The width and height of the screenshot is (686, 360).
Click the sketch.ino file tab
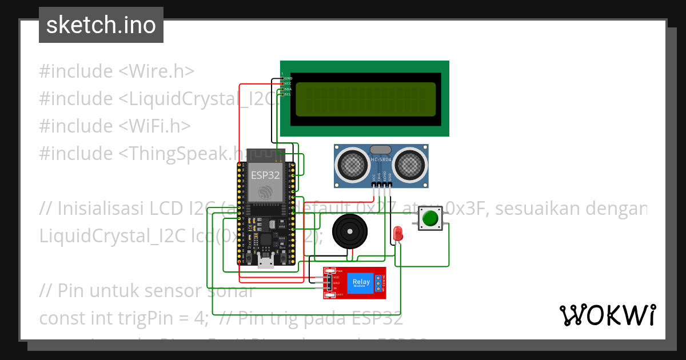(x=101, y=25)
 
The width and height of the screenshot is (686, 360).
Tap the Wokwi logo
(x=607, y=315)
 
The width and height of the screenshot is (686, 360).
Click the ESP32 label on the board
(x=265, y=175)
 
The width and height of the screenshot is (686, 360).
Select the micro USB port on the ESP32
(x=265, y=262)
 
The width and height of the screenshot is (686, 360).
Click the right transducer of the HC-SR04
(x=410, y=164)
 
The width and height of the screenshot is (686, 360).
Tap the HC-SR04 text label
(x=381, y=159)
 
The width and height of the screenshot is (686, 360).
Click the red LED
(x=398, y=233)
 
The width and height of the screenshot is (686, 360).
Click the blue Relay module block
(x=361, y=283)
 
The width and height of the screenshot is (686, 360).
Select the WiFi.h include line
(x=115, y=126)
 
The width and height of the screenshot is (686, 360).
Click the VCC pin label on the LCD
(x=288, y=83)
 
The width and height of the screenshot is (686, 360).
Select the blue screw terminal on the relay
(x=378, y=282)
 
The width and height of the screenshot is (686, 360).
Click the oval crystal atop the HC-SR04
(x=380, y=149)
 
